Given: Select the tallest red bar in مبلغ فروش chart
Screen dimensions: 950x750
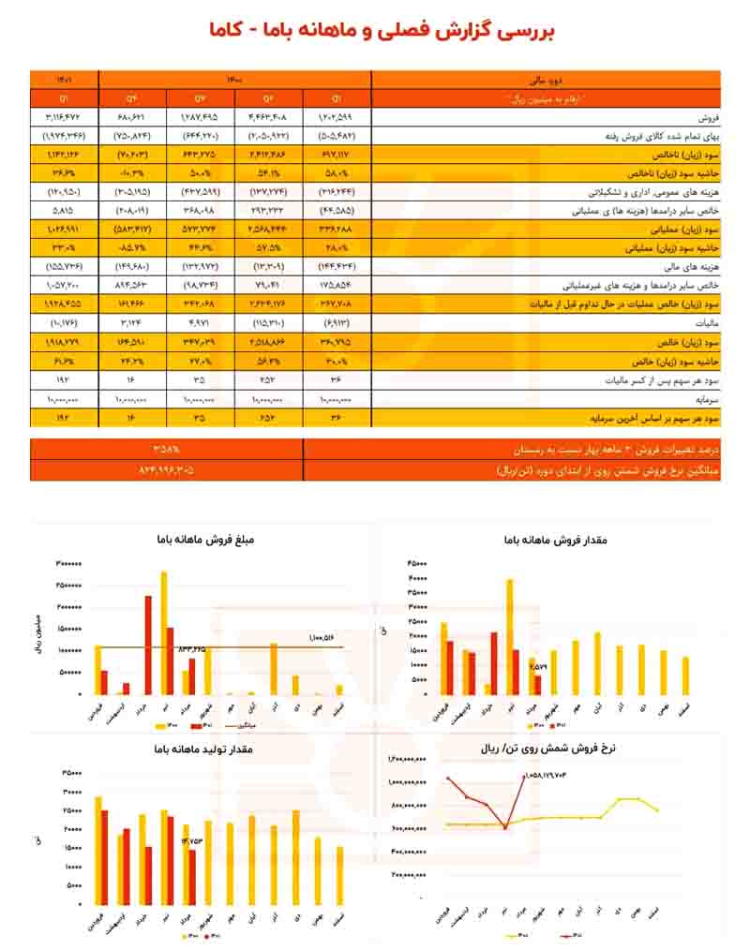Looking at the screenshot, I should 148,645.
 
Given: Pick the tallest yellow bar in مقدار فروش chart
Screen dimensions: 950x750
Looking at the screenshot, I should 509,637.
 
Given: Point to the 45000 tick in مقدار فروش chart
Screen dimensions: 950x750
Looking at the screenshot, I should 417,564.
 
